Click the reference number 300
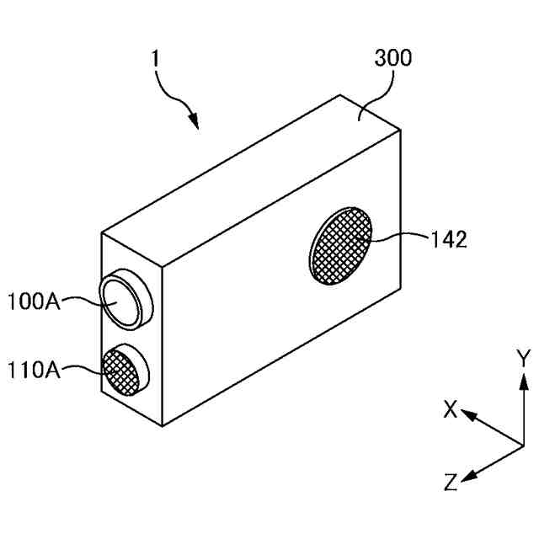(x=392, y=59)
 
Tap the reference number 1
(x=154, y=60)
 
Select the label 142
(x=447, y=240)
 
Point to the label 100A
(x=35, y=301)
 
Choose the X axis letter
(x=451, y=409)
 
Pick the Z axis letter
(x=451, y=483)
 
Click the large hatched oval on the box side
(x=341, y=247)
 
